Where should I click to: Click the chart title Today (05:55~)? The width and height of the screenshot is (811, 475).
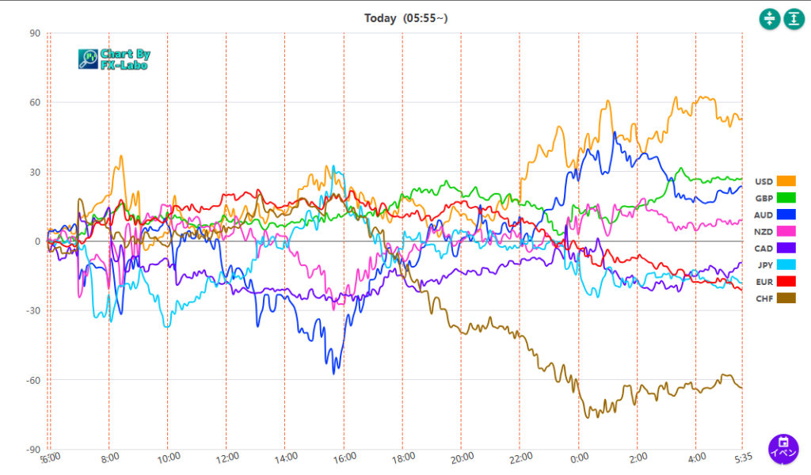click(x=405, y=17)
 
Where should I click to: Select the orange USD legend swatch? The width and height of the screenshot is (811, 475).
click(x=786, y=181)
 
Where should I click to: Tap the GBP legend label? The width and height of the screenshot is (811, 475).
click(x=763, y=198)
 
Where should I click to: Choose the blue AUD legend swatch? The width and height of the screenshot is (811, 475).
click(x=786, y=215)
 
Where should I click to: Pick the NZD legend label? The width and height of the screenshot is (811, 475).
click(x=763, y=231)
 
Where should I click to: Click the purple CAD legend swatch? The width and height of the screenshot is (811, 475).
click(x=786, y=248)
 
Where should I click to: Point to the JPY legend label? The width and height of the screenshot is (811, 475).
click(x=764, y=264)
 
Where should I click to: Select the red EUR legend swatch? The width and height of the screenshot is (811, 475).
click(x=786, y=281)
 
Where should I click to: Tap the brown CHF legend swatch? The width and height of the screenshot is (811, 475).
click(x=786, y=298)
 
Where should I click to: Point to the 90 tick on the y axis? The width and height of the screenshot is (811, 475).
click(x=35, y=33)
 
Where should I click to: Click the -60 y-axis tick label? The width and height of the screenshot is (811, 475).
click(x=32, y=380)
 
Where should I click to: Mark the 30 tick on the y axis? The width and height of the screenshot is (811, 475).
click(x=35, y=172)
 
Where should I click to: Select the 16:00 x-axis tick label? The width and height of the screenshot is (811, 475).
click(x=345, y=457)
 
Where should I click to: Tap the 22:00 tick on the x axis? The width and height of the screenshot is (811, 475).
click(x=520, y=457)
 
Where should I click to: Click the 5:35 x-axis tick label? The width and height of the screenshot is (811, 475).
click(x=741, y=457)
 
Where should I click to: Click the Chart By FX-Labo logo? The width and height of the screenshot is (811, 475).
click(x=114, y=59)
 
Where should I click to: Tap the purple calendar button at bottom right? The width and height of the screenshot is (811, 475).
click(x=783, y=448)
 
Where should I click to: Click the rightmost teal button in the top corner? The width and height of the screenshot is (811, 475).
click(x=794, y=19)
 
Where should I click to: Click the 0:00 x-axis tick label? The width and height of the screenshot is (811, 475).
click(x=579, y=457)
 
